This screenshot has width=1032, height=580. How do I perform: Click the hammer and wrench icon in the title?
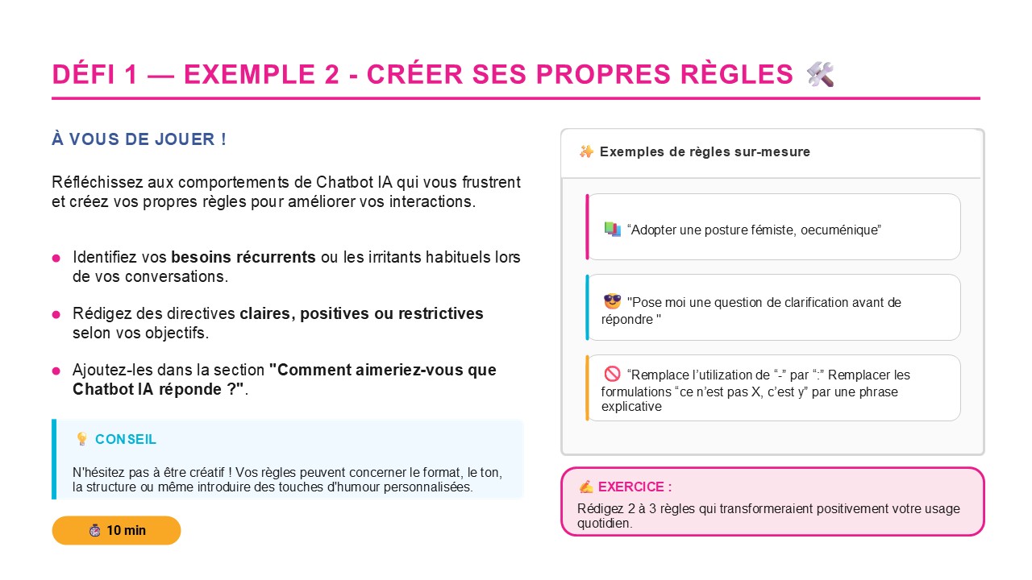(820, 74)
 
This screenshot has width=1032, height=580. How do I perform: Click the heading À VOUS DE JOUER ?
(139, 139)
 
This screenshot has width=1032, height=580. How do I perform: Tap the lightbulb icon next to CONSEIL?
(81, 439)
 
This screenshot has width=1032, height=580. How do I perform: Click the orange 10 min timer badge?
(116, 530)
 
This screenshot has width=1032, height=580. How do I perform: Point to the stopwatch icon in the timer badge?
(95, 530)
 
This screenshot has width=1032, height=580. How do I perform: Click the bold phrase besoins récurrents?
(243, 258)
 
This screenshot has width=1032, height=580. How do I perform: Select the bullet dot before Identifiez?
(56, 259)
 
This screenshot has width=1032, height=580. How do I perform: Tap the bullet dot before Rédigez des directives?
(56, 314)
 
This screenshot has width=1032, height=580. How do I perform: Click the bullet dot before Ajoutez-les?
(56, 371)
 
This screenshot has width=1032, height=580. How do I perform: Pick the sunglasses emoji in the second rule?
(613, 302)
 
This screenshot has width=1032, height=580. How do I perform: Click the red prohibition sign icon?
(612, 375)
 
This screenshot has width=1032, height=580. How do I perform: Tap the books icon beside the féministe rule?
(612, 230)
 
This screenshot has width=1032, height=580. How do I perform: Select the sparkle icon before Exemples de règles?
(586, 151)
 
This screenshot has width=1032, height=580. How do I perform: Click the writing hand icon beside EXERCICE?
(586, 487)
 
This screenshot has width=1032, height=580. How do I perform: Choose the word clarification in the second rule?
(791, 303)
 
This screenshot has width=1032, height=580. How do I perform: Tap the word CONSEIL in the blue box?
(126, 439)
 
